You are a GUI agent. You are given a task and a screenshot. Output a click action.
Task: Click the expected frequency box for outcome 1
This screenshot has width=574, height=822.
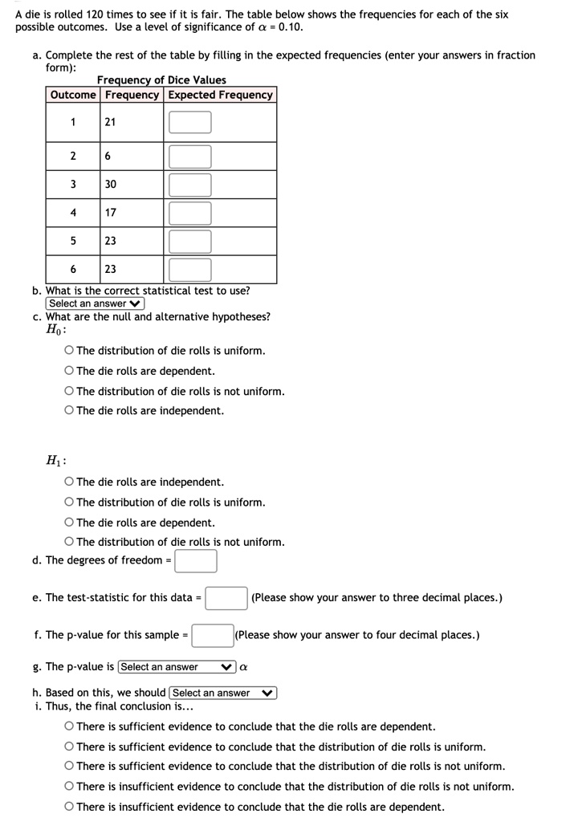[190, 122]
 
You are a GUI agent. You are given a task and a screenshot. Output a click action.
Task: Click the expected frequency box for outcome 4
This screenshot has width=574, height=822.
[190, 213]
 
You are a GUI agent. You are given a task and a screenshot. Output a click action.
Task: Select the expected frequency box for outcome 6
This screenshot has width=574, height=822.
[190, 270]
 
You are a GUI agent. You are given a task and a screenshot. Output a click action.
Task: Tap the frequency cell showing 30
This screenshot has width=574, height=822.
[111, 185]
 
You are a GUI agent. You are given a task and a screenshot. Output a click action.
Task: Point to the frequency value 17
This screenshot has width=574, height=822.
[111, 213]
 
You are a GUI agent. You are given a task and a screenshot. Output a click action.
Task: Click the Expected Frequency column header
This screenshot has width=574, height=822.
[220, 95]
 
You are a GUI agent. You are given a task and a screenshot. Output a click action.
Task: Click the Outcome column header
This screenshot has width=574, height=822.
[73, 95]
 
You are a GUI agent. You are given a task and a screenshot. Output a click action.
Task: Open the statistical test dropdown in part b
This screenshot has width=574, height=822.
[95, 303]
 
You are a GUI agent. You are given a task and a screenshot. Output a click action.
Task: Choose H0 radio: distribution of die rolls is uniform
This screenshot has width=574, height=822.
[70, 351]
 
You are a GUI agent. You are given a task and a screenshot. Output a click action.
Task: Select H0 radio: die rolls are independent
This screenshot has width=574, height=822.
[70, 411]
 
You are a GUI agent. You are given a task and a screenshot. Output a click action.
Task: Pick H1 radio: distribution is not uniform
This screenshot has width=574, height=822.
[70, 542]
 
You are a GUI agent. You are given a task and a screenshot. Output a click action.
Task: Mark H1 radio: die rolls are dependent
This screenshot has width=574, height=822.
[70, 523]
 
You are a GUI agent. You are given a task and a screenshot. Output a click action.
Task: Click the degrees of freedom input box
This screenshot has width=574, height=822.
[196, 560]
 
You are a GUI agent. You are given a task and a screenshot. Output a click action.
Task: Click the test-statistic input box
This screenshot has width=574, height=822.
[226, 598]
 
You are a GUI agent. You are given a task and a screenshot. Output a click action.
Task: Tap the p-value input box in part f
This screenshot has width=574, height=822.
[212, 636]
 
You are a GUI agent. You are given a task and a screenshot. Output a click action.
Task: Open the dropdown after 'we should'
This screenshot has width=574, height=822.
[222, 693]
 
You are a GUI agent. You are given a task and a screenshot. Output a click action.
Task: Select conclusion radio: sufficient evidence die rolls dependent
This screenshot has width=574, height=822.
[70, 726]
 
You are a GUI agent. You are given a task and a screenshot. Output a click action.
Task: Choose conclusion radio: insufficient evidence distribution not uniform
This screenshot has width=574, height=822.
[70, 787]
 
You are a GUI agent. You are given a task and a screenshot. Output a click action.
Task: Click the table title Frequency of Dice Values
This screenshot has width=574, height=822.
[161, 80]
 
